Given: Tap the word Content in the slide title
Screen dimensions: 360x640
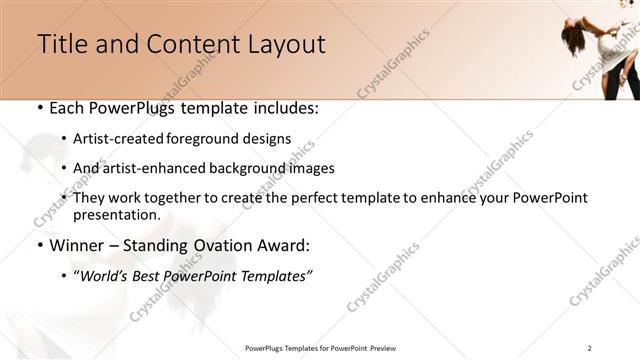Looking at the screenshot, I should (x=182, y=44).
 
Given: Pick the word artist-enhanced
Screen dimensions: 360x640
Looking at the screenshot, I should (x=154, y=168).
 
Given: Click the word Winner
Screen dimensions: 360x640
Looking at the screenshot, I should (x=77, y=245).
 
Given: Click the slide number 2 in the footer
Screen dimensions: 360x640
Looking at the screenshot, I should (x=589, y=347).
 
